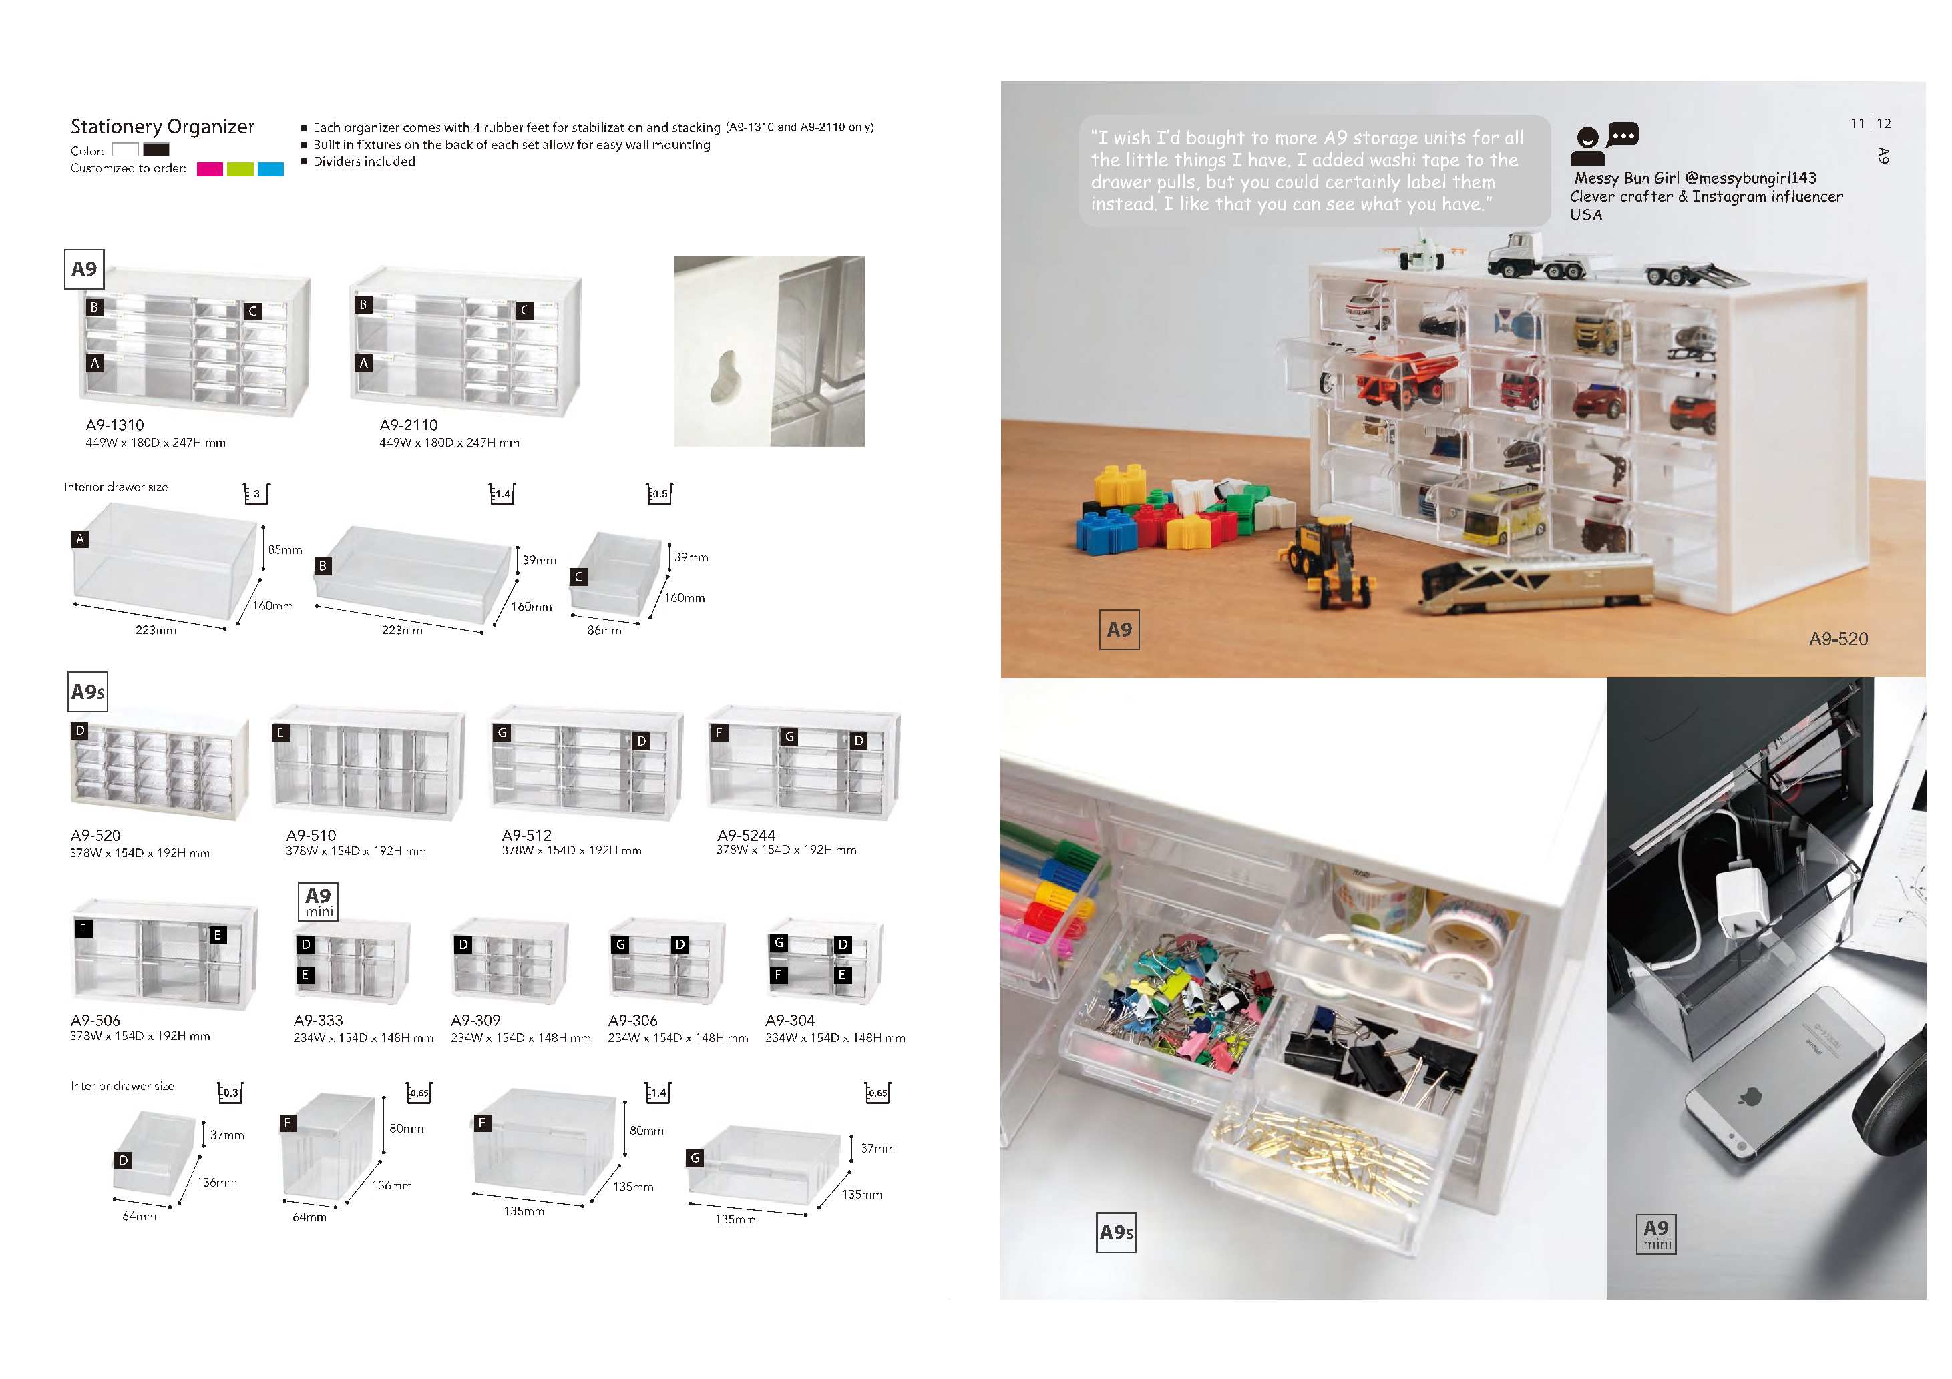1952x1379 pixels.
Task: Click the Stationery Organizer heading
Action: point(162,127)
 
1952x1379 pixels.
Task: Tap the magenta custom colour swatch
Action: point(209,169)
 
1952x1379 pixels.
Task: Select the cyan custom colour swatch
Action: point(270,169)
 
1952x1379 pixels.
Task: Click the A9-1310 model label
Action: point(115,425)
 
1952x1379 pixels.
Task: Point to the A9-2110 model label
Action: point(409,425)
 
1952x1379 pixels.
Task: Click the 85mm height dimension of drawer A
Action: point(284,550)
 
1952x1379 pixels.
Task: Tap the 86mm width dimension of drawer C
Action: point(604,631)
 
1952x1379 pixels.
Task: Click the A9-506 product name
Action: point(95,1021)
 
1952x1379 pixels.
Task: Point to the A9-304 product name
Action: point(790,1021)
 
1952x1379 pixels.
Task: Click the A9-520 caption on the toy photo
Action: point(1839,639)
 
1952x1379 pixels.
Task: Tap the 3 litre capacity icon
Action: point(256,494)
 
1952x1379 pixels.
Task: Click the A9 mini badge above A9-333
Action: point(319,902)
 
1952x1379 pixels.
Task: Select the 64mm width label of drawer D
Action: point(140,1217)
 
